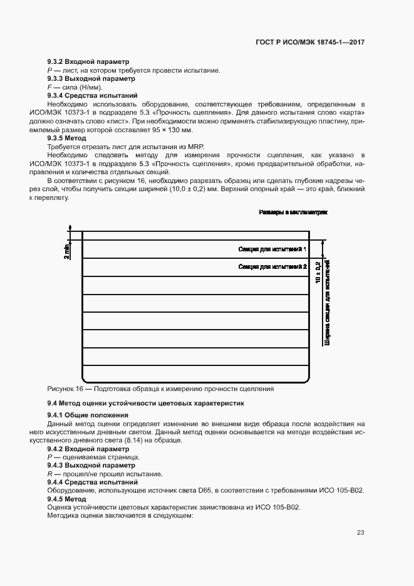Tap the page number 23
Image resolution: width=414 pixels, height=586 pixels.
[x=360, y=533]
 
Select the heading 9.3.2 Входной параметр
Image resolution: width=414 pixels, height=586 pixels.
[x=88, y=62]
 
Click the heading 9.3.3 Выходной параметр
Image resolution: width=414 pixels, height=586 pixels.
[x=90, y=79]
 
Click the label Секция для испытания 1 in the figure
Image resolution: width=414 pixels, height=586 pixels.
[x=272, y=249]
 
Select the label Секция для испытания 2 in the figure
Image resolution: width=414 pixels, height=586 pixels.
[x=272, y=267]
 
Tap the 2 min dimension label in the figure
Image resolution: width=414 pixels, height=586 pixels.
[x=66, y=252]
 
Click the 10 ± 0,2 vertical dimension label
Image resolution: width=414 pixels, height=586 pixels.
[x=319, y=273]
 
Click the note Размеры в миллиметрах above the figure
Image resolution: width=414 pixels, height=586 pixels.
[x=293, y=213]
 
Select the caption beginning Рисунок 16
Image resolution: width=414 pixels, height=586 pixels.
[x=160, y=389]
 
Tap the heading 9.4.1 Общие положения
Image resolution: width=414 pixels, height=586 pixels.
[x=88, y=415]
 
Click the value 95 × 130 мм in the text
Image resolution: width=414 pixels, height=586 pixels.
[x=172, y=130]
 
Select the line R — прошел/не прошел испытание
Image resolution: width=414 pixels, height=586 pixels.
[x=105, y=474]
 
